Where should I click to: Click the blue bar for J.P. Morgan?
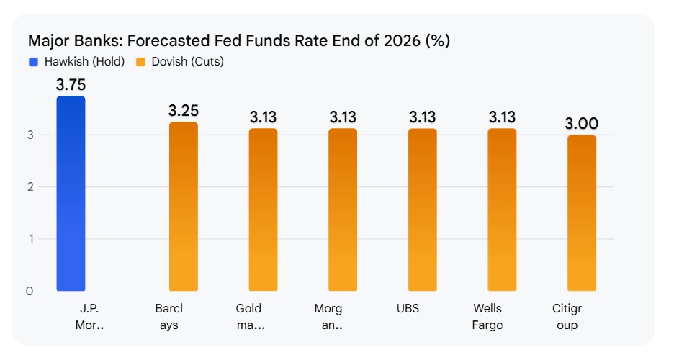(x=71, y=194)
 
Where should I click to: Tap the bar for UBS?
(x=422, y=210)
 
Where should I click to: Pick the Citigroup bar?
(x=581, y=213)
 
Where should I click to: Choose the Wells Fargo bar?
(x=502, y=210)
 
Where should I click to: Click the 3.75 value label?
(x=71, y=85)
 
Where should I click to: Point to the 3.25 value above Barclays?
(x=183, y=111)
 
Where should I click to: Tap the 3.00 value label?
(x=581, y=124)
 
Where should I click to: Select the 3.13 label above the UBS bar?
(x=422, y=117)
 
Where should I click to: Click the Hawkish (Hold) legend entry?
(x=78, y=62)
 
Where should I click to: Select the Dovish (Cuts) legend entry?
(x=180, y=62)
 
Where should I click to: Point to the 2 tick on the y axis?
(x=30, y=187)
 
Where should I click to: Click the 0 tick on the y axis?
(x=30, y=292)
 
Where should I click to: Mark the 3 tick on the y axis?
(x=30, y=135)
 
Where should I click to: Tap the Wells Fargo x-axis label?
(x=487, y=317)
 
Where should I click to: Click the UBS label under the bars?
(x=407, y=309)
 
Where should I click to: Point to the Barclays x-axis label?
(x=169, y=317)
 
